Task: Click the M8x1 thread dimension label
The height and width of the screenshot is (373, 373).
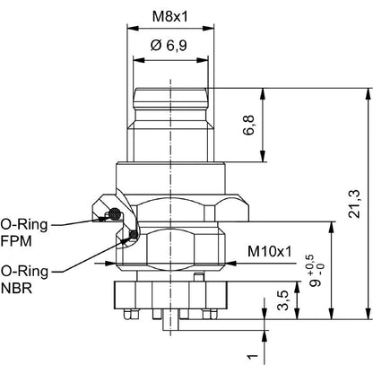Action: [x=170, y=17]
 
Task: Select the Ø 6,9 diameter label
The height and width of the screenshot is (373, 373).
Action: [x=169, y=46]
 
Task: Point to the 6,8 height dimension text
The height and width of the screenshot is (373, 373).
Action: [x=248, y=125]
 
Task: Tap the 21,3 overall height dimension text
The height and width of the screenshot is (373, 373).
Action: [x=355, y=204]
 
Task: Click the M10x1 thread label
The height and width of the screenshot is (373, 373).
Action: [x=270, y=252]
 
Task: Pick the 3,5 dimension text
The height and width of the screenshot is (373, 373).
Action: [x=282, y=300]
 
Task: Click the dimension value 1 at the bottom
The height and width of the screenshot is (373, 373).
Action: [x=253, y=356]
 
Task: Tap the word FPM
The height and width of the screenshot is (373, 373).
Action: [x=16, y=241]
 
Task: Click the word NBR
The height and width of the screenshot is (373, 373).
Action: [x=16, y=288]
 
